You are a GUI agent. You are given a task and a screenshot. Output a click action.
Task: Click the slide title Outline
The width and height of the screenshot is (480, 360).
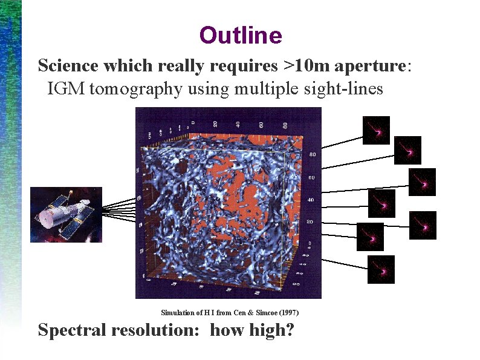tap(240, 36)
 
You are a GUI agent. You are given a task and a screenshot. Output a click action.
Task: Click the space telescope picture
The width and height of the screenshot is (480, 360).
tap(66, 214)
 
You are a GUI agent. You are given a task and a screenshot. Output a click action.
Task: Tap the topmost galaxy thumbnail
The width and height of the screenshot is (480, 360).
tap(375, 130)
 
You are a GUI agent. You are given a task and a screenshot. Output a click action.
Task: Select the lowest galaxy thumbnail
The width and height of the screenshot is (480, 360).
tap(381, 269)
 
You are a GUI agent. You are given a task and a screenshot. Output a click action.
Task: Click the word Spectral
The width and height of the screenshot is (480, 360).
tap(72, 330)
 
